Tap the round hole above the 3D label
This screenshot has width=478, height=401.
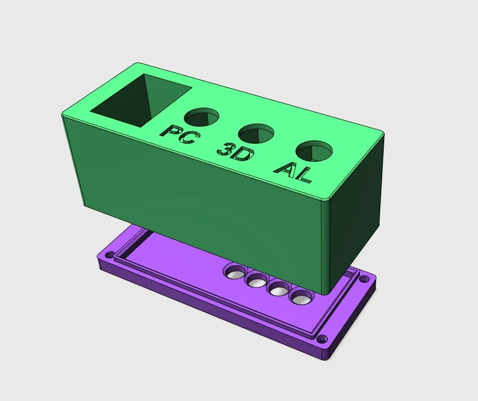256,134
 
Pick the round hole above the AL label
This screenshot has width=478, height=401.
315,150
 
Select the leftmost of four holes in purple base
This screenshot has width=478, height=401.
234,272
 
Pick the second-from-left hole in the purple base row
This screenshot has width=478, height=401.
256,280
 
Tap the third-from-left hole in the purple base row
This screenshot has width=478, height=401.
277,289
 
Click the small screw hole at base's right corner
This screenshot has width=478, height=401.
364,278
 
